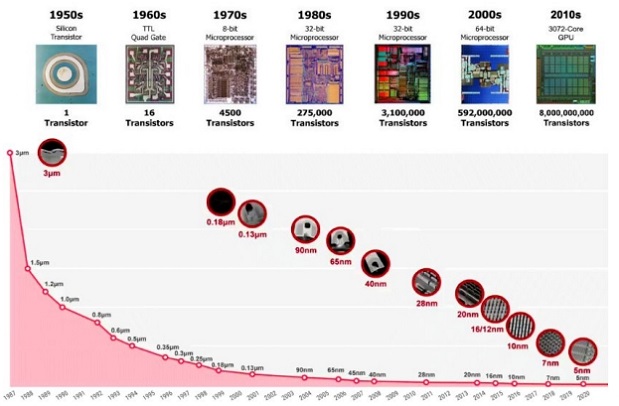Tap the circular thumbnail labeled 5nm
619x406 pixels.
[x=582, y=351]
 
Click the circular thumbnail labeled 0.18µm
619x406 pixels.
[x=220, y=201]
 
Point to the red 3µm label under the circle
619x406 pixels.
[x=51, y=173]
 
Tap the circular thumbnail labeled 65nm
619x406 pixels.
[x=340, y=240]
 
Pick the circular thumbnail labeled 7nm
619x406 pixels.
[x=550, y=343]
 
